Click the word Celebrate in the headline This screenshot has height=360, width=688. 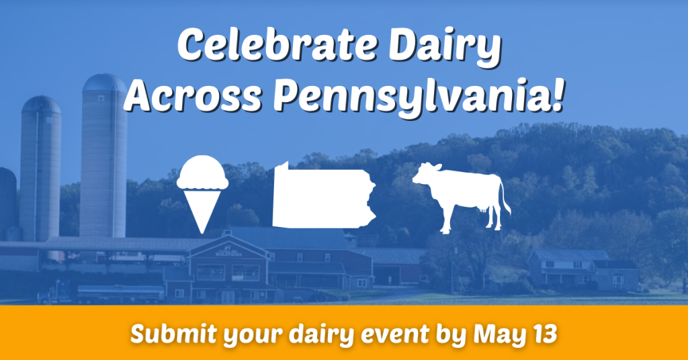coord(277,45)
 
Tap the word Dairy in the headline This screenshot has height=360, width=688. coord(445,48)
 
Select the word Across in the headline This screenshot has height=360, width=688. coord(193,95)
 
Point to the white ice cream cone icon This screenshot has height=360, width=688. coord(202,194)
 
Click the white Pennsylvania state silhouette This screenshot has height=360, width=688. coord(324,195)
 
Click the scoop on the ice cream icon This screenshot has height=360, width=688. coord(202,173)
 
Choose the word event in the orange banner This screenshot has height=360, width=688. coord(395,335)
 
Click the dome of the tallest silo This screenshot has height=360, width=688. coord(104,83)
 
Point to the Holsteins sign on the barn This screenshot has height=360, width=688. coord(228,253)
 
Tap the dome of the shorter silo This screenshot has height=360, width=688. coord(41,104)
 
